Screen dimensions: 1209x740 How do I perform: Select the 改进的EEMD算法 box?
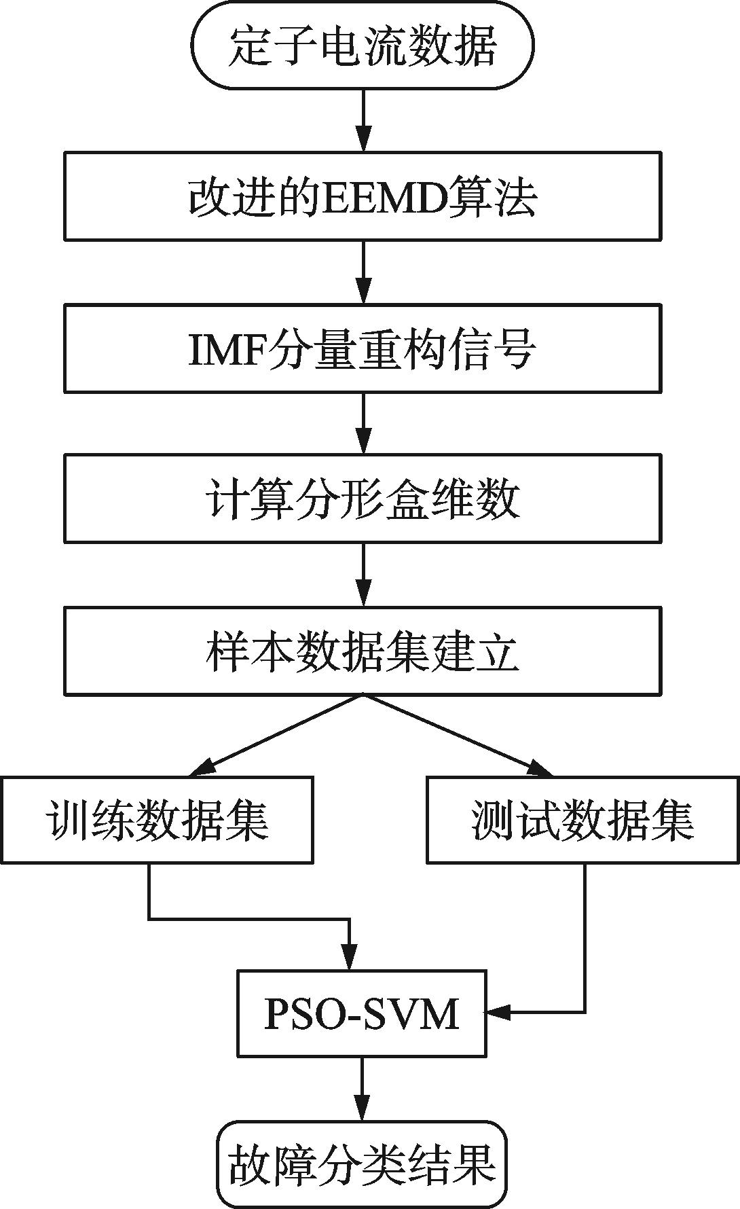click(363, 196)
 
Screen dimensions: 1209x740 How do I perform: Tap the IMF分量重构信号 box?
click(363, 348)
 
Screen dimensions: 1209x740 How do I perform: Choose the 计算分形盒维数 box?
click(363, 499)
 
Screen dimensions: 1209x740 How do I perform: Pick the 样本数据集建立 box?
click(363, 651)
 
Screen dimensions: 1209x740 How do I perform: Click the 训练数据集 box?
click(157, 820)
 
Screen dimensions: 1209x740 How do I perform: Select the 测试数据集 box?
click(582, 820)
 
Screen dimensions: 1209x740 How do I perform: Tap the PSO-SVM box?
click(361, 1013)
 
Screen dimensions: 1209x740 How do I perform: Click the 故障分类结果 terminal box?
click(361, 1163)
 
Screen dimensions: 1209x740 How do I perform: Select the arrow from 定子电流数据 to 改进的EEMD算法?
click(364, 120)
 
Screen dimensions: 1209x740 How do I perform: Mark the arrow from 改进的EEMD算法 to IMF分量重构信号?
click(364, 272)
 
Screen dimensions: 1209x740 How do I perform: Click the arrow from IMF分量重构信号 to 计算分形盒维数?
click(364, 423)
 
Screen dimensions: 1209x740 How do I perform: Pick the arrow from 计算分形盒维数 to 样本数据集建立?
click(364, 575)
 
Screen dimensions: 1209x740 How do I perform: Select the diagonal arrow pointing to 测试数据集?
click(458, 736)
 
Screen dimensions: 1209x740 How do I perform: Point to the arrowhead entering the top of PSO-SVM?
click(350, 959)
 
